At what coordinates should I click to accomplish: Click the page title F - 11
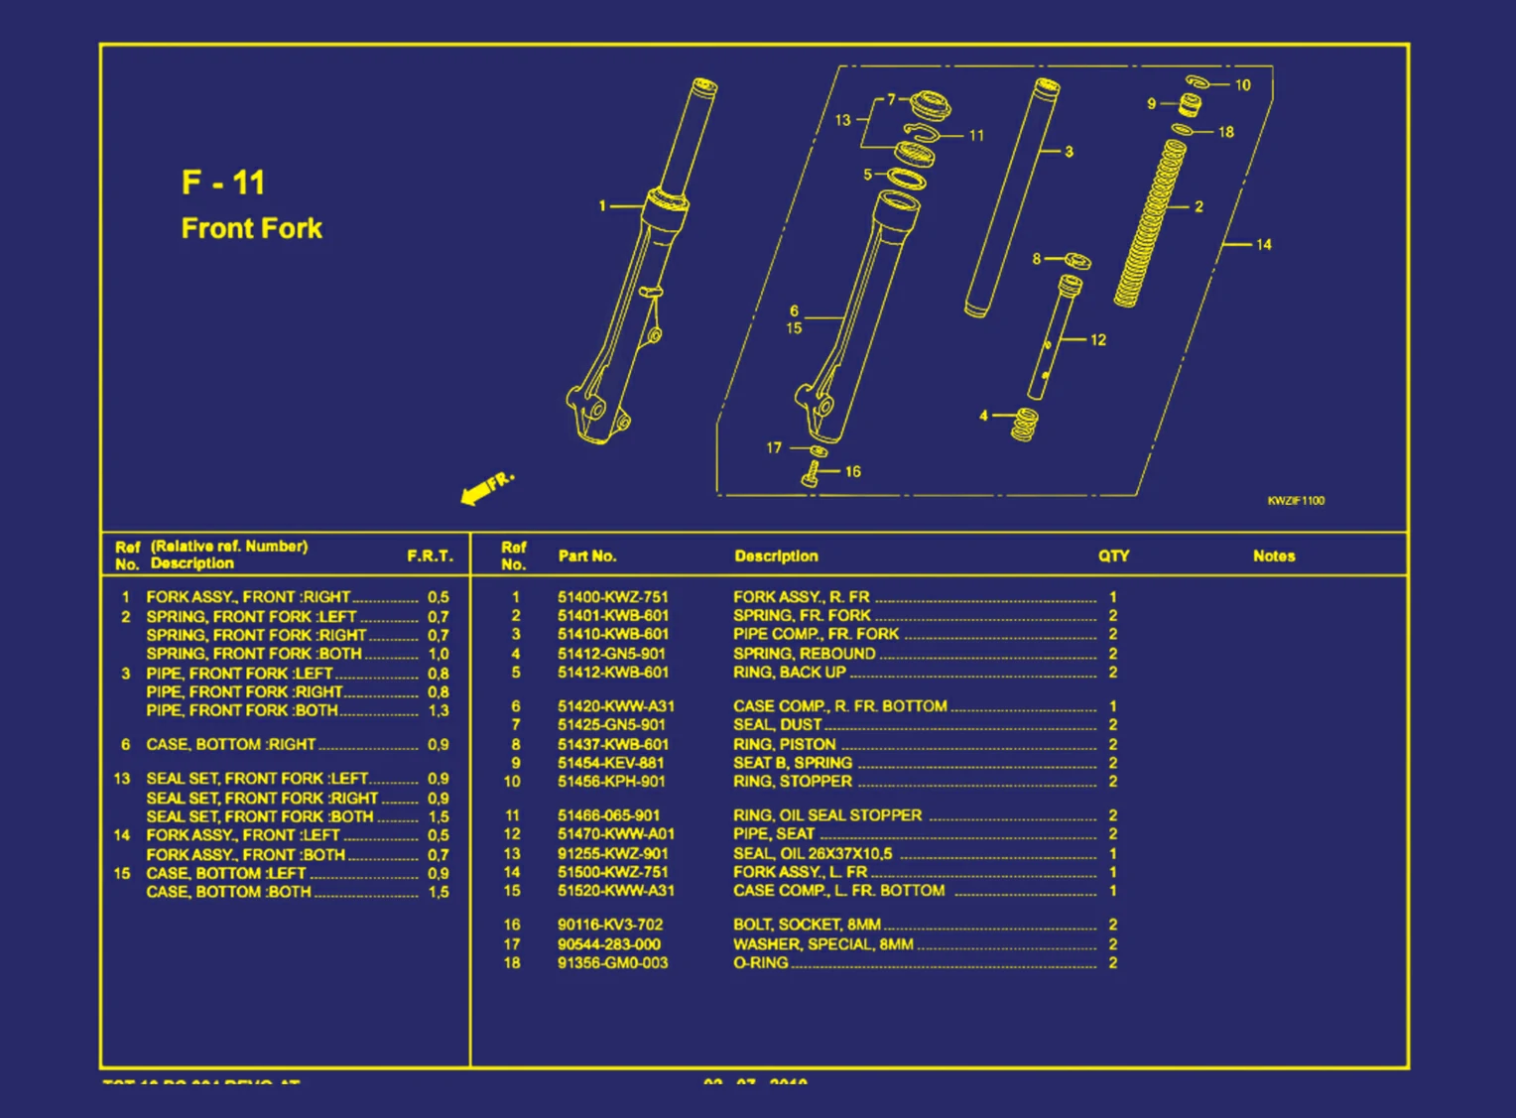click(223, 183)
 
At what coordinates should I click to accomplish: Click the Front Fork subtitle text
click(252, 228)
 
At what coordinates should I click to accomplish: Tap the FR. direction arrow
click(486, 487)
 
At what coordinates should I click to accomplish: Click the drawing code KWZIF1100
click(1295, 500)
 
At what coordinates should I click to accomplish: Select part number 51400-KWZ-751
click(612, 597)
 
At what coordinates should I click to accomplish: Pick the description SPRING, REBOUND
click(804, 654)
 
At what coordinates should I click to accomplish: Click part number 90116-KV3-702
click(609, 925)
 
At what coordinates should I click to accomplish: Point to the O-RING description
click(760, 963)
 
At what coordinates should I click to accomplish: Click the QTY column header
click(1113, 556)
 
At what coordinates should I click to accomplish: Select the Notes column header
click(1273, 556)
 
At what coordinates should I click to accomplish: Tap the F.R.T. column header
click(430, 556)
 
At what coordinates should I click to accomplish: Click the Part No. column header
click(586, 556)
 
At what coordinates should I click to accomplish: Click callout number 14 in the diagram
click(1263, 244)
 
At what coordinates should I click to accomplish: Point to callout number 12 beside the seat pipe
click(1097, 339)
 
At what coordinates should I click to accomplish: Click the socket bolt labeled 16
click(810, 477)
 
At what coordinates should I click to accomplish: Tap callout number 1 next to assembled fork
click(602, 206)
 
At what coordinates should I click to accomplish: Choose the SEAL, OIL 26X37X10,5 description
click(813, 853)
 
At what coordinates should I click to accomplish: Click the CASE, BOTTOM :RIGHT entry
click(230, 744)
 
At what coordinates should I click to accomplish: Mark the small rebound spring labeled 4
click(1025, 425)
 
